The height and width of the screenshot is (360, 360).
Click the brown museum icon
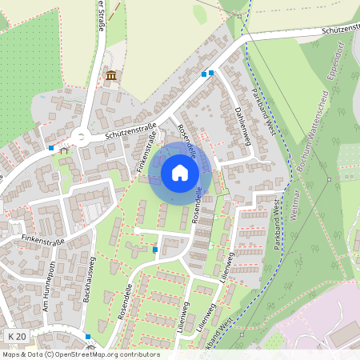(x=110, y=76)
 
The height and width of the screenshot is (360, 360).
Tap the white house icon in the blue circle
(x=180, y=173)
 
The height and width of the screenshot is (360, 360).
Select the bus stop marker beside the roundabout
(x=52, y=147)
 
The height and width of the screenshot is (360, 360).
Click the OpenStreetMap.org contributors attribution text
(x=112, y=354)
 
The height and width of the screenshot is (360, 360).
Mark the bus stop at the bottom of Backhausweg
(x=88, y=336)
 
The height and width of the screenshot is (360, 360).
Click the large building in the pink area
(x=343, y=334)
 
